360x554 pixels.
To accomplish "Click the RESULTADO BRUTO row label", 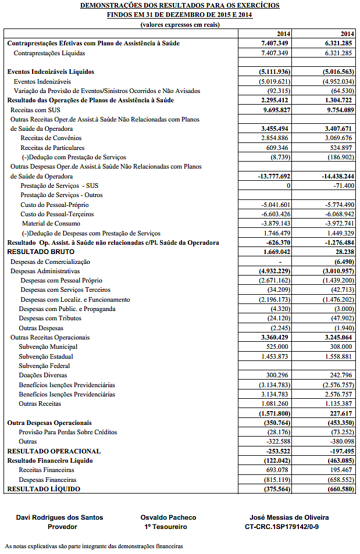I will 40,252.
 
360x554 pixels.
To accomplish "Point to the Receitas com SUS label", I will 35,109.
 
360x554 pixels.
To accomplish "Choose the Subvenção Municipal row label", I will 48,346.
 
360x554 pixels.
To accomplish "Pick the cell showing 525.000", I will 277,346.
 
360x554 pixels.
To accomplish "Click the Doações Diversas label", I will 44,375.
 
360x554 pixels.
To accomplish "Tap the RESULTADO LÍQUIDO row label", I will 44,489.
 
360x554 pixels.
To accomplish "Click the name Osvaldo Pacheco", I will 168,517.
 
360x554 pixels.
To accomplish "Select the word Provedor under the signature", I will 62,527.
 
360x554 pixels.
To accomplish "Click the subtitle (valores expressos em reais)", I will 180,24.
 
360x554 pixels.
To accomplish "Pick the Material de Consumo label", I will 51,223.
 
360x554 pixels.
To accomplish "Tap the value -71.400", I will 340,185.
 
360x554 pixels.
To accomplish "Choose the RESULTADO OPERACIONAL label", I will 54,451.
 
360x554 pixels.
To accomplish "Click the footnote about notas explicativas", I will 94,546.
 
